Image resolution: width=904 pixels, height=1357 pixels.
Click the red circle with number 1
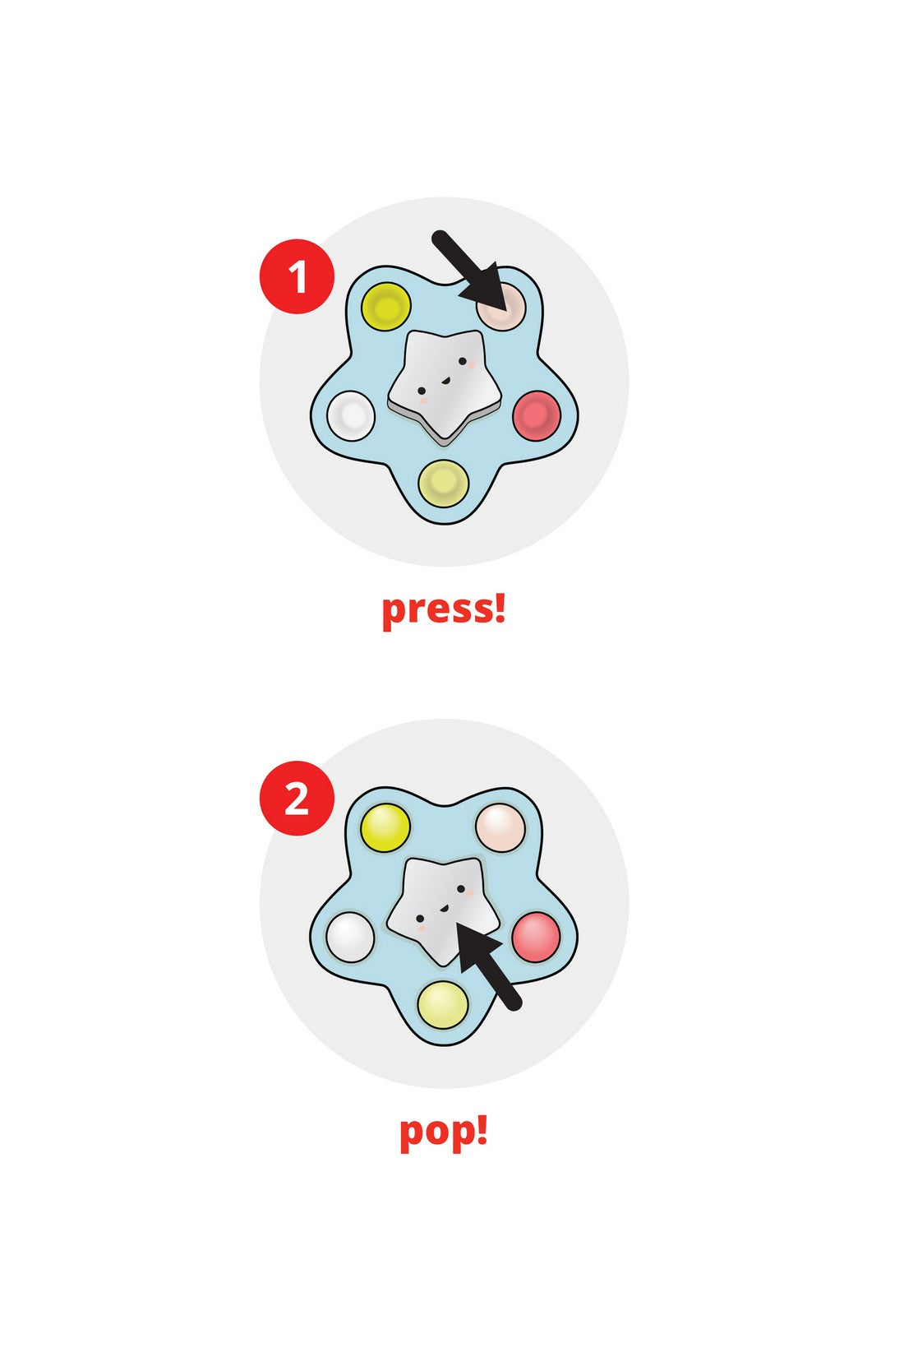click(297, 276)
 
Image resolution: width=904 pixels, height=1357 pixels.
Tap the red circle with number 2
click(297, 799)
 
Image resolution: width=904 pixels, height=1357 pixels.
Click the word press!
click(444, 609)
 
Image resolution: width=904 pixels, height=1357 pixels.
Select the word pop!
click(444, 1132)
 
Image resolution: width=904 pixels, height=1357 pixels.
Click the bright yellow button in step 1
click(386, 307)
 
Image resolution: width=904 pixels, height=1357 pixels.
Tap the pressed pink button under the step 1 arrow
click(501, 307)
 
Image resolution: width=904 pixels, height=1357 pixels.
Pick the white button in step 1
click(351, 416)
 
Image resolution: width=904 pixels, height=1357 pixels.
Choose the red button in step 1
click(537, 415)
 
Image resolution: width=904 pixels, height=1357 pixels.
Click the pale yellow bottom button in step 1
click(444, 484)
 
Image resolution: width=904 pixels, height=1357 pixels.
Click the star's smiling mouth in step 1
click(445, 381)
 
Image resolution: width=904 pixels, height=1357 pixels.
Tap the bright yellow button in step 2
click(385, 827)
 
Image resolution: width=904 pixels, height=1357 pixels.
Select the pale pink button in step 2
click(500, 827)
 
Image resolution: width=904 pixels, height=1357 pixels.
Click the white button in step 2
click(351, 937)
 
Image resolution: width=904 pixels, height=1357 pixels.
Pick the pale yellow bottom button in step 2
click(443, 1005)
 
